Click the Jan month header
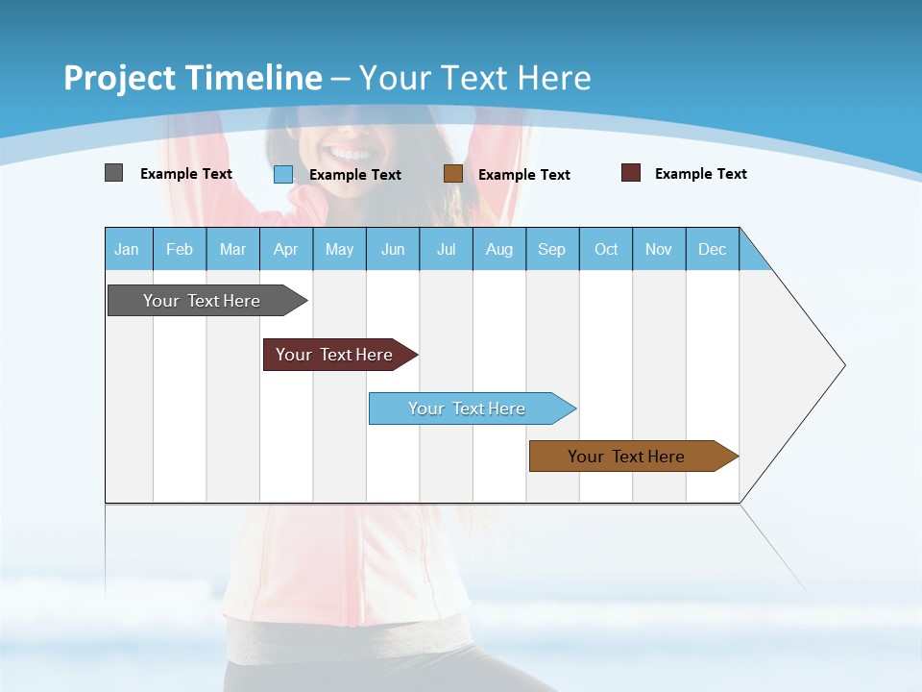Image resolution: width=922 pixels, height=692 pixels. click(x=128, y=249)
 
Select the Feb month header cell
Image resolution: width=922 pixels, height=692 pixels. click(x=180, y=249)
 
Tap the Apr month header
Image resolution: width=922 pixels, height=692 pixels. click(x=286, y=249)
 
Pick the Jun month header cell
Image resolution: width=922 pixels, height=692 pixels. click(x=393, y=249)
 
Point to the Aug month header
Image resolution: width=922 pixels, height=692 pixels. click(x=499, y=249)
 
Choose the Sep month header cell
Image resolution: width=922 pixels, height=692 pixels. click(x=552, y=249)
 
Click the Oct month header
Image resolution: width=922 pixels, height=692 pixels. click(x=606, y=249)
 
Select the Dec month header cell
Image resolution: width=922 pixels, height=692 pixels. click(x=713, y=249)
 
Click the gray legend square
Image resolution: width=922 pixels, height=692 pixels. click(x=114, y=173)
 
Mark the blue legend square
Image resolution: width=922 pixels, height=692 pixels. click(x=283, y=174)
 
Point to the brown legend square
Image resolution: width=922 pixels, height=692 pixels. click(x=453, y=174)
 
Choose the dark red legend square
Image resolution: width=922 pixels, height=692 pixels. click(x=631, y=173)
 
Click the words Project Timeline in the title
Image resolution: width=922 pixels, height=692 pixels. click(x=192, y=78)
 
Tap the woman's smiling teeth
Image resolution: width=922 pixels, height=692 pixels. click(x=351, y=154)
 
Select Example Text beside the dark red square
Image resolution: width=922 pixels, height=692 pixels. click(x=700, y=174)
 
